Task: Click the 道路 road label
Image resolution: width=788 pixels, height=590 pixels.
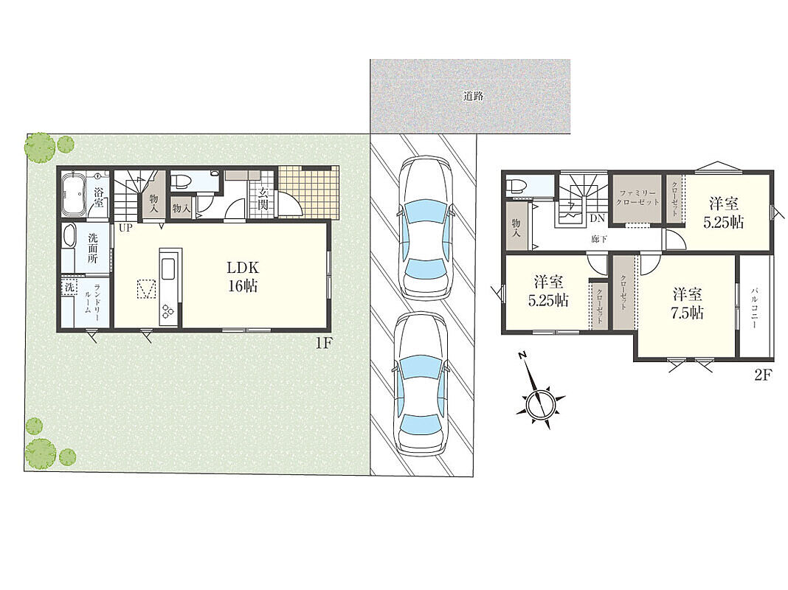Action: coord(473,96)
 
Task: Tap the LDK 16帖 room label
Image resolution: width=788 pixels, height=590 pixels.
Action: coord(243,277)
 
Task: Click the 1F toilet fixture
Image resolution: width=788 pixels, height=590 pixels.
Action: coord(181,181)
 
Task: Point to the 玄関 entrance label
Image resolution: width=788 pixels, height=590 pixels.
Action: coord(262,199)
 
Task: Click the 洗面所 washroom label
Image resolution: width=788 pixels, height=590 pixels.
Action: coord(93,249)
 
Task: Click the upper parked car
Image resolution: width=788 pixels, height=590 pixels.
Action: coord(424,229)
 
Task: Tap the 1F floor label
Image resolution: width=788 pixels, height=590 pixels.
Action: coord(324,344)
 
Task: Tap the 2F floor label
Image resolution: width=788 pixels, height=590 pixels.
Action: coord(763,375)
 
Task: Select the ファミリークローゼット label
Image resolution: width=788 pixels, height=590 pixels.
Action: coord(637,198)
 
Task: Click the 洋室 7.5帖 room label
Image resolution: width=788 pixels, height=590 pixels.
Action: coord(687,304)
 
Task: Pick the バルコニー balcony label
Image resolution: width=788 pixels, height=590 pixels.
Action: coord(754,308)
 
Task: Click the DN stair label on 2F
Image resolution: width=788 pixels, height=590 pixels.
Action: coord(597,219)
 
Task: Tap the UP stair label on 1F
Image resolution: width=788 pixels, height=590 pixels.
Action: coord(125,228)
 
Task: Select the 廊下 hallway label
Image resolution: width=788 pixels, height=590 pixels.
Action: coord(599,240)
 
